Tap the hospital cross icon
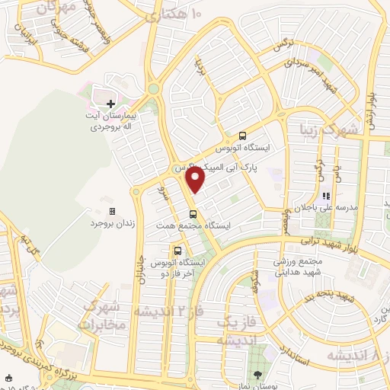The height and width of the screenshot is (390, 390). [111, 104]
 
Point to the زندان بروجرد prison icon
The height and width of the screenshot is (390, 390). [112, 211]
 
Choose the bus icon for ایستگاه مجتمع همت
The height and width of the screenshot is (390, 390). [193, 214]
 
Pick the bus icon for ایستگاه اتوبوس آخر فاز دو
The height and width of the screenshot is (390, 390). [177, 249]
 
